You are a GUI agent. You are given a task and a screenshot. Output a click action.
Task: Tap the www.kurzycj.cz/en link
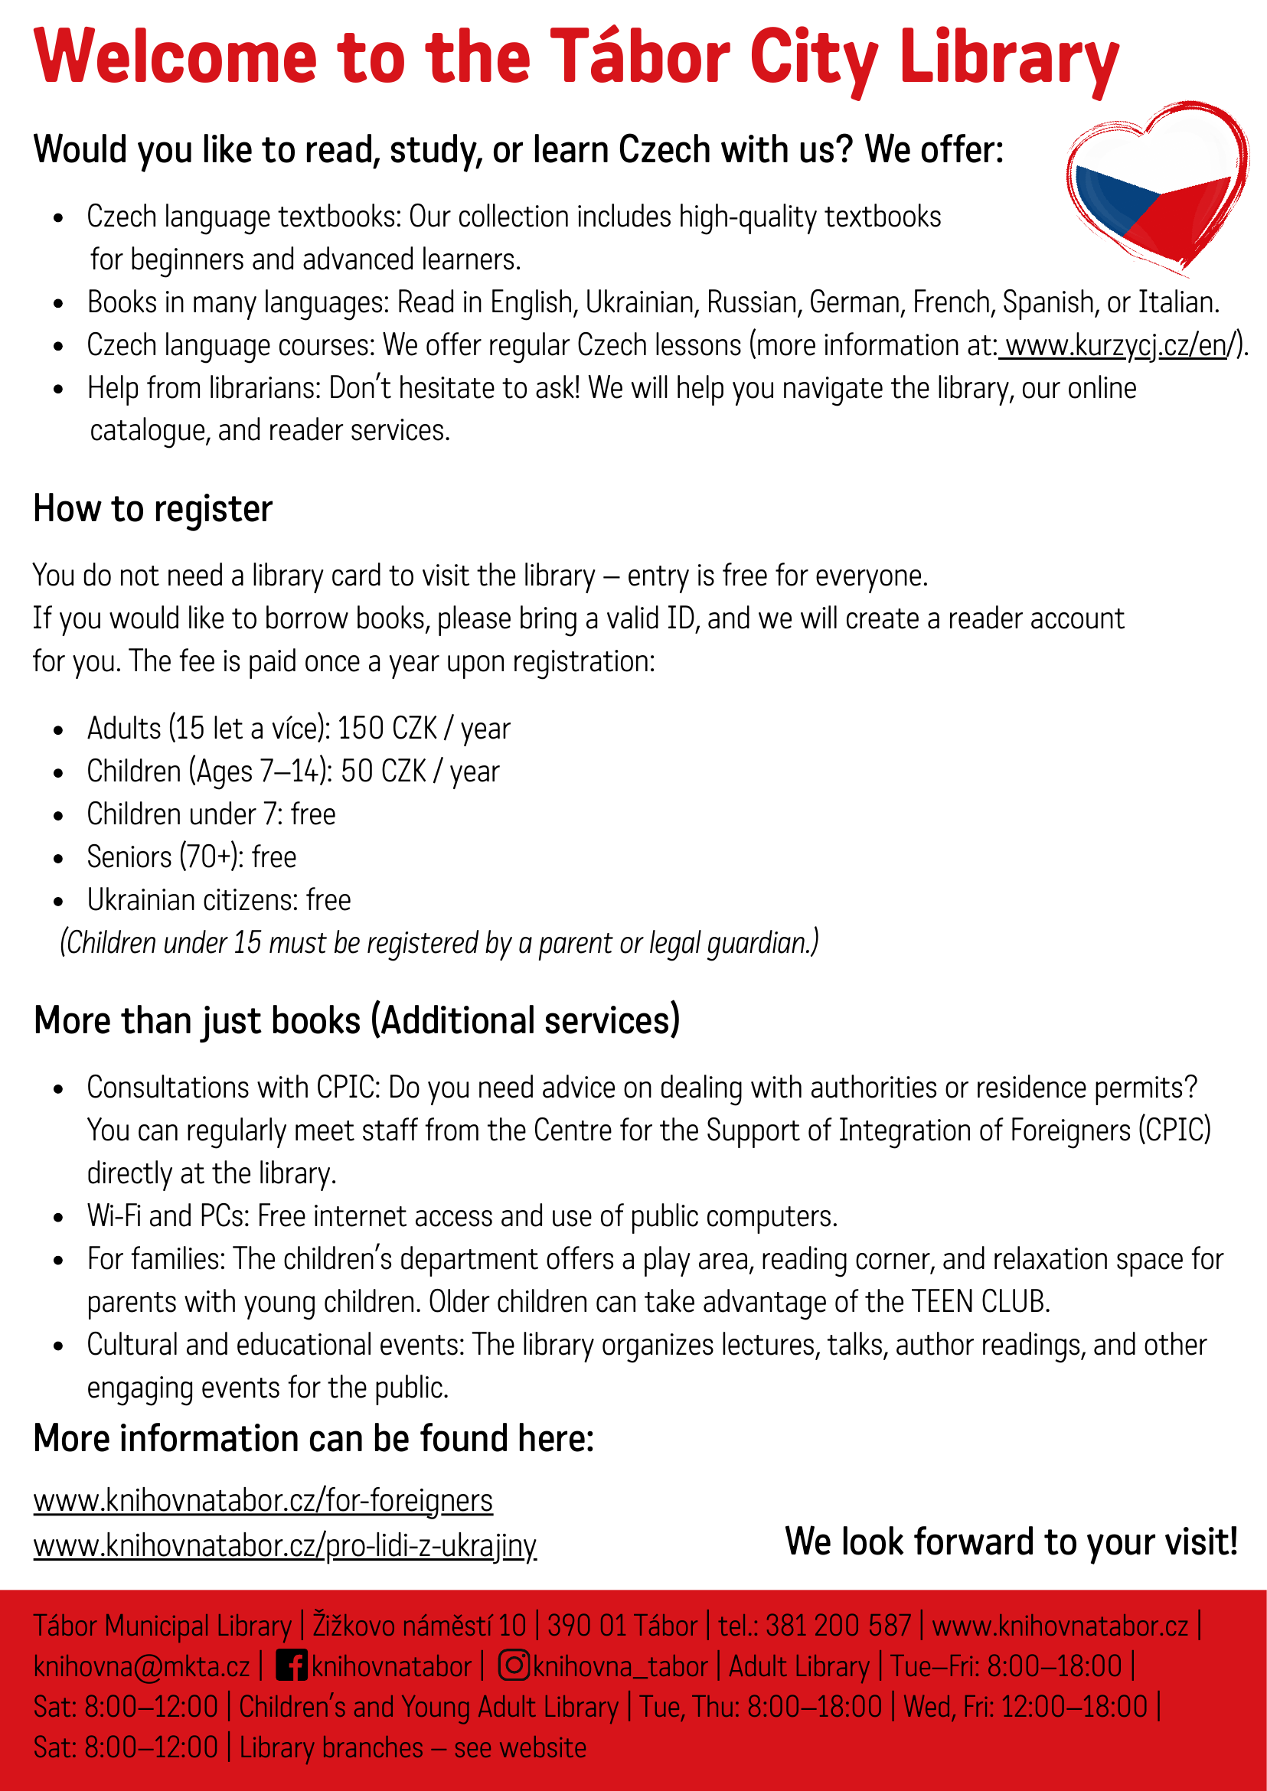coord(1116,344)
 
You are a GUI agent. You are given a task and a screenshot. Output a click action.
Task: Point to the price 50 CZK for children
coord(383,772)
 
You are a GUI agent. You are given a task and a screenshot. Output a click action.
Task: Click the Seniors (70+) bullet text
coord(191,857)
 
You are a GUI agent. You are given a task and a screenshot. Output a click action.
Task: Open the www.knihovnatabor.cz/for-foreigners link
coord(263,1500)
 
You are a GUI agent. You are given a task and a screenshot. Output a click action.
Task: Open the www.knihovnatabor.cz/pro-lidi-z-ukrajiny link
coord(285,1545)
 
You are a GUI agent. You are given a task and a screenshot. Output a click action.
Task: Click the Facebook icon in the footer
coord(292,1666)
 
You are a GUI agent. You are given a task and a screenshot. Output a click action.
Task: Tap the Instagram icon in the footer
coord(514,1665)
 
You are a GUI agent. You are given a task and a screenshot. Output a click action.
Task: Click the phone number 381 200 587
coord(838,1626)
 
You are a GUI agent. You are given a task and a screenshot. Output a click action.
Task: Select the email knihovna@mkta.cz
coord(141,1666)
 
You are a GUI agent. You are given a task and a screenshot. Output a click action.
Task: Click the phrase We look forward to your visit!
coord(1011,1541)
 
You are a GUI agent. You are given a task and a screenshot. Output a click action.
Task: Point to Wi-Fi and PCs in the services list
coord(165,1216)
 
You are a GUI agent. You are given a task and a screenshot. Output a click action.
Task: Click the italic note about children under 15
coord(439,943)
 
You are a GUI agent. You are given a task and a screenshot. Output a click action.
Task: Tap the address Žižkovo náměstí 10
coord(419,1626)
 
